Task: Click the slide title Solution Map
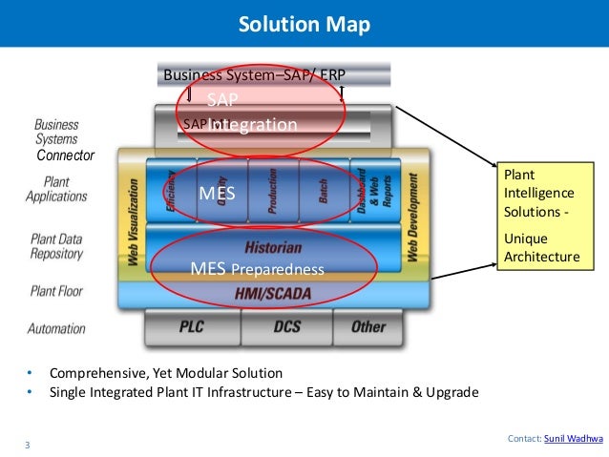(x=304, y=23)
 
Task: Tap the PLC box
(x=192, y=327)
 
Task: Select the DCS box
(x=286, y=327)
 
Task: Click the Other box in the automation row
(x=368, y=327)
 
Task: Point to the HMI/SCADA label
(x=272, y=294)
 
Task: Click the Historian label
(x=273, y=247)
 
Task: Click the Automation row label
(x=56, y=329)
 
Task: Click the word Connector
(x=65, y=155)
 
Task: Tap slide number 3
(x=28, y=444)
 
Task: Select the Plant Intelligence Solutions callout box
(x=541, y=216)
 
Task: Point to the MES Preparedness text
(x=257, y=269)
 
